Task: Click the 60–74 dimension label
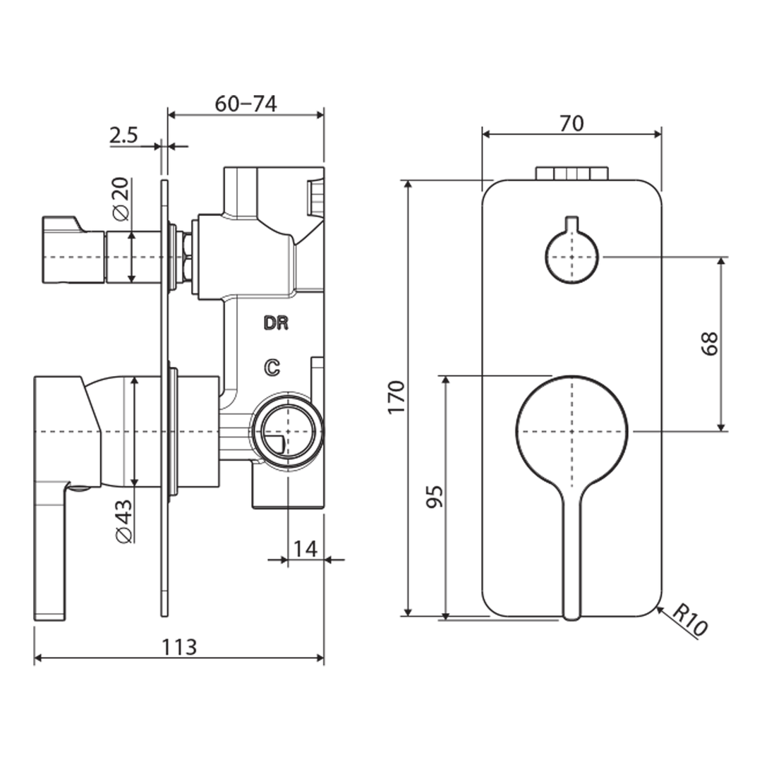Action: click(245, 104)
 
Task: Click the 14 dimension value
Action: click(306, 548)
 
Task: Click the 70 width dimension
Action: click(571, 123)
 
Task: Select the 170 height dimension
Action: click(397, 397)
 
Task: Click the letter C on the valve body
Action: click(272, 366)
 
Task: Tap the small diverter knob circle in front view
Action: click(571, 255)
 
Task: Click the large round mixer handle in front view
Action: click(571, 430)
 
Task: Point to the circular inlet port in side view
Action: click(288, 431)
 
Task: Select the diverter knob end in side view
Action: click(64, 250)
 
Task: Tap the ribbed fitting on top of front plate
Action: click(571, 174)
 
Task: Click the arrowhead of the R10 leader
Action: click(658, 608)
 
